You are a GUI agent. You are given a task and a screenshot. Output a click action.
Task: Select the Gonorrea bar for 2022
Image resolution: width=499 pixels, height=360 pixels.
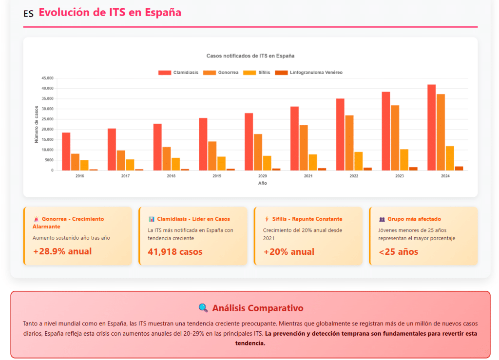(x=349, y=143)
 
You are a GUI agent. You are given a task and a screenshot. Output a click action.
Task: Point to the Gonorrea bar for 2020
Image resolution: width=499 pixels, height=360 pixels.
(x=258, y=152)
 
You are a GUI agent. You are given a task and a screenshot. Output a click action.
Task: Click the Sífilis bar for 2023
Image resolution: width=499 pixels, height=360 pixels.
(x=404, y=160)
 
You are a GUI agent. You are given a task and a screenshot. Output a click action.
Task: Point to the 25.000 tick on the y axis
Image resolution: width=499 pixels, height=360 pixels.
(x=47, y=119)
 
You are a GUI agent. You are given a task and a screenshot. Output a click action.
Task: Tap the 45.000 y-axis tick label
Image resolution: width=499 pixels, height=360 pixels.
(x=47, y=78)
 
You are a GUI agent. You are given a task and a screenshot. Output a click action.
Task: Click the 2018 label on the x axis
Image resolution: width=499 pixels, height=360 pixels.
(x=171, y=176)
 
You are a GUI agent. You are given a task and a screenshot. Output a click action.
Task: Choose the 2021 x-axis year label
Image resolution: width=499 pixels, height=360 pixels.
(x=308, y=176)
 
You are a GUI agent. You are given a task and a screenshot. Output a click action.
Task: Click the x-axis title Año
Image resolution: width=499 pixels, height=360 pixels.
(x=262, y=183)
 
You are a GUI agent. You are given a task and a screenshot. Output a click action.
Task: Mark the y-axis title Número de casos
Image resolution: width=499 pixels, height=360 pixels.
(x=37, y=124)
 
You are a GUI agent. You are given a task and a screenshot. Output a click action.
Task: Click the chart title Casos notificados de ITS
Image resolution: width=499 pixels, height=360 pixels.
(x=250, y=56)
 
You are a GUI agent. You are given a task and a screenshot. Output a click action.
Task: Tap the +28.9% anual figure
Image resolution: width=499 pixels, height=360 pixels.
(x=62, y=252)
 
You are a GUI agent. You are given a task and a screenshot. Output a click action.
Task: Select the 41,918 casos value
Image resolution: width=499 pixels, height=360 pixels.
(x=175, y=252)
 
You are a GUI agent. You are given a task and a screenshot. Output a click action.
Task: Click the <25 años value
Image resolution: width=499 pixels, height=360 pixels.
(x=398, y=252)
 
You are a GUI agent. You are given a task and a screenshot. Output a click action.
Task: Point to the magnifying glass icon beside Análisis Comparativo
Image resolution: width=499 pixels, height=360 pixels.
(x=203, y=308)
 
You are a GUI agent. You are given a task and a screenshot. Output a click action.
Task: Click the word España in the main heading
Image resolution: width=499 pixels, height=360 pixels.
(x=163, y=13)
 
